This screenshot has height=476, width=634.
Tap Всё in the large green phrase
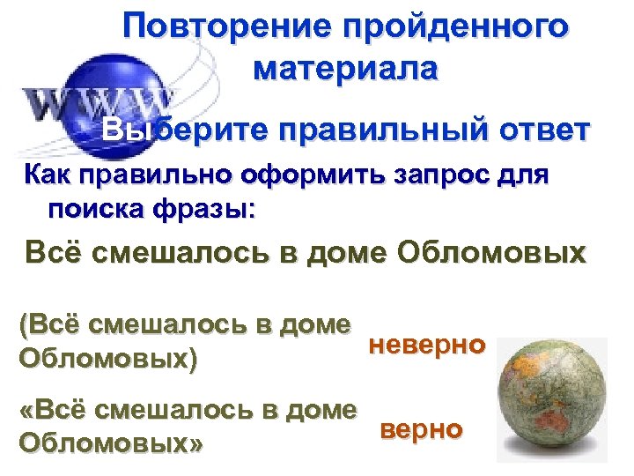tap(54, 256)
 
